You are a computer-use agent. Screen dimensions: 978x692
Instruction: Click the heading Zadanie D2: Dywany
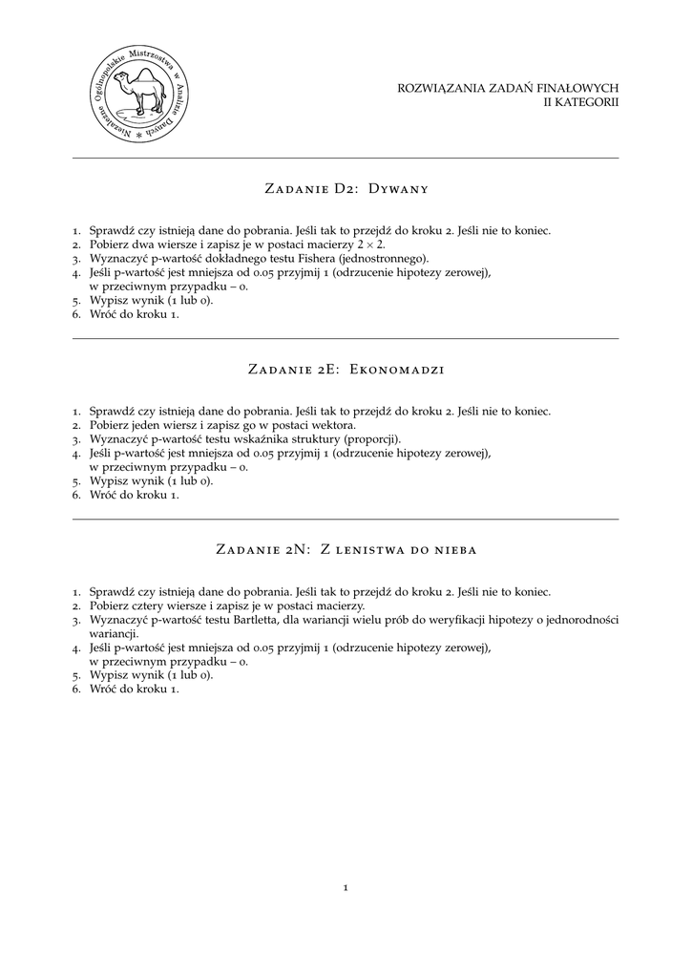[345, 188]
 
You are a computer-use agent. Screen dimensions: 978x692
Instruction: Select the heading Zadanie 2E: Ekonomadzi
[345, 369]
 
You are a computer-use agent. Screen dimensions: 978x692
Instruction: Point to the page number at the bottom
[345, 888]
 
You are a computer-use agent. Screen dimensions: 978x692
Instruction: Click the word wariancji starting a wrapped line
[114, 632]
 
